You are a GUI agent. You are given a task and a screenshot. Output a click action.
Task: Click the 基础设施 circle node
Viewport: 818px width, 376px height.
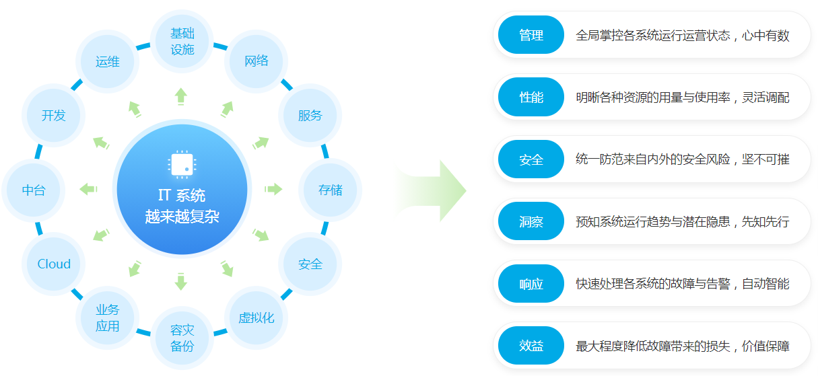[182, 41]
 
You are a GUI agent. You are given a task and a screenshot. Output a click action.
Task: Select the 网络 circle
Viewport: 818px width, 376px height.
[257, 61]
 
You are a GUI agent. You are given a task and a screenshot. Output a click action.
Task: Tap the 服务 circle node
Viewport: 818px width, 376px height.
[310, 115]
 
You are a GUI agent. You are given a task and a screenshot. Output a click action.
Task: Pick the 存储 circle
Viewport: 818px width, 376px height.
[330, 190]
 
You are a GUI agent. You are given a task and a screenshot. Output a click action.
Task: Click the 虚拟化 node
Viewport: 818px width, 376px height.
[257, 317]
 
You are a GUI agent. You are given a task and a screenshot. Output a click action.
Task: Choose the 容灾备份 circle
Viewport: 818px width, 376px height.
[182, 338]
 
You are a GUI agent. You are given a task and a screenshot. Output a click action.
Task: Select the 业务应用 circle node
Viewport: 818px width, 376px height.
[107, 317]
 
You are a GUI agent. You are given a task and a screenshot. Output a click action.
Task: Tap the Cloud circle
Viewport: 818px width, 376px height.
[54, 264]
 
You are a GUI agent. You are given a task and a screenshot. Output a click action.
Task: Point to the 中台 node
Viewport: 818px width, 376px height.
[34, 190]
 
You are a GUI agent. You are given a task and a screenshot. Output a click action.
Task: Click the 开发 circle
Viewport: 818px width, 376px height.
[54, 115]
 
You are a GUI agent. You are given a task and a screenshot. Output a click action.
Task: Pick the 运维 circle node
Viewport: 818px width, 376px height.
[107, 61]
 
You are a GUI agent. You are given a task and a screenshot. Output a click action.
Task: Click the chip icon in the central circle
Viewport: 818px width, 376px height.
[182, 165]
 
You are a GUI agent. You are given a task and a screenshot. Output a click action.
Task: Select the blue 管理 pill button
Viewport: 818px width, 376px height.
[531, 35]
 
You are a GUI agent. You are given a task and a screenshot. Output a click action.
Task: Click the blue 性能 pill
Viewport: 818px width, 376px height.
[531, 97]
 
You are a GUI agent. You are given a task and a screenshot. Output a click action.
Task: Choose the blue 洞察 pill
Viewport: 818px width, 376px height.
[531, 221]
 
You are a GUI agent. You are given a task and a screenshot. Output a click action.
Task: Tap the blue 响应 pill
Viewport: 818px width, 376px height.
[531, 283]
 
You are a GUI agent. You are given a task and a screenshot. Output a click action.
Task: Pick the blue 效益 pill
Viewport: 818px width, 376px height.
[531, 345]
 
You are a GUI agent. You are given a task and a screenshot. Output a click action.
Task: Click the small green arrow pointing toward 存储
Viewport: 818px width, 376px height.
[273, 189]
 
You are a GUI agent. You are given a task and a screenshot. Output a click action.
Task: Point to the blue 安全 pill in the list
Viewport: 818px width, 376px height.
[531, 159]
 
